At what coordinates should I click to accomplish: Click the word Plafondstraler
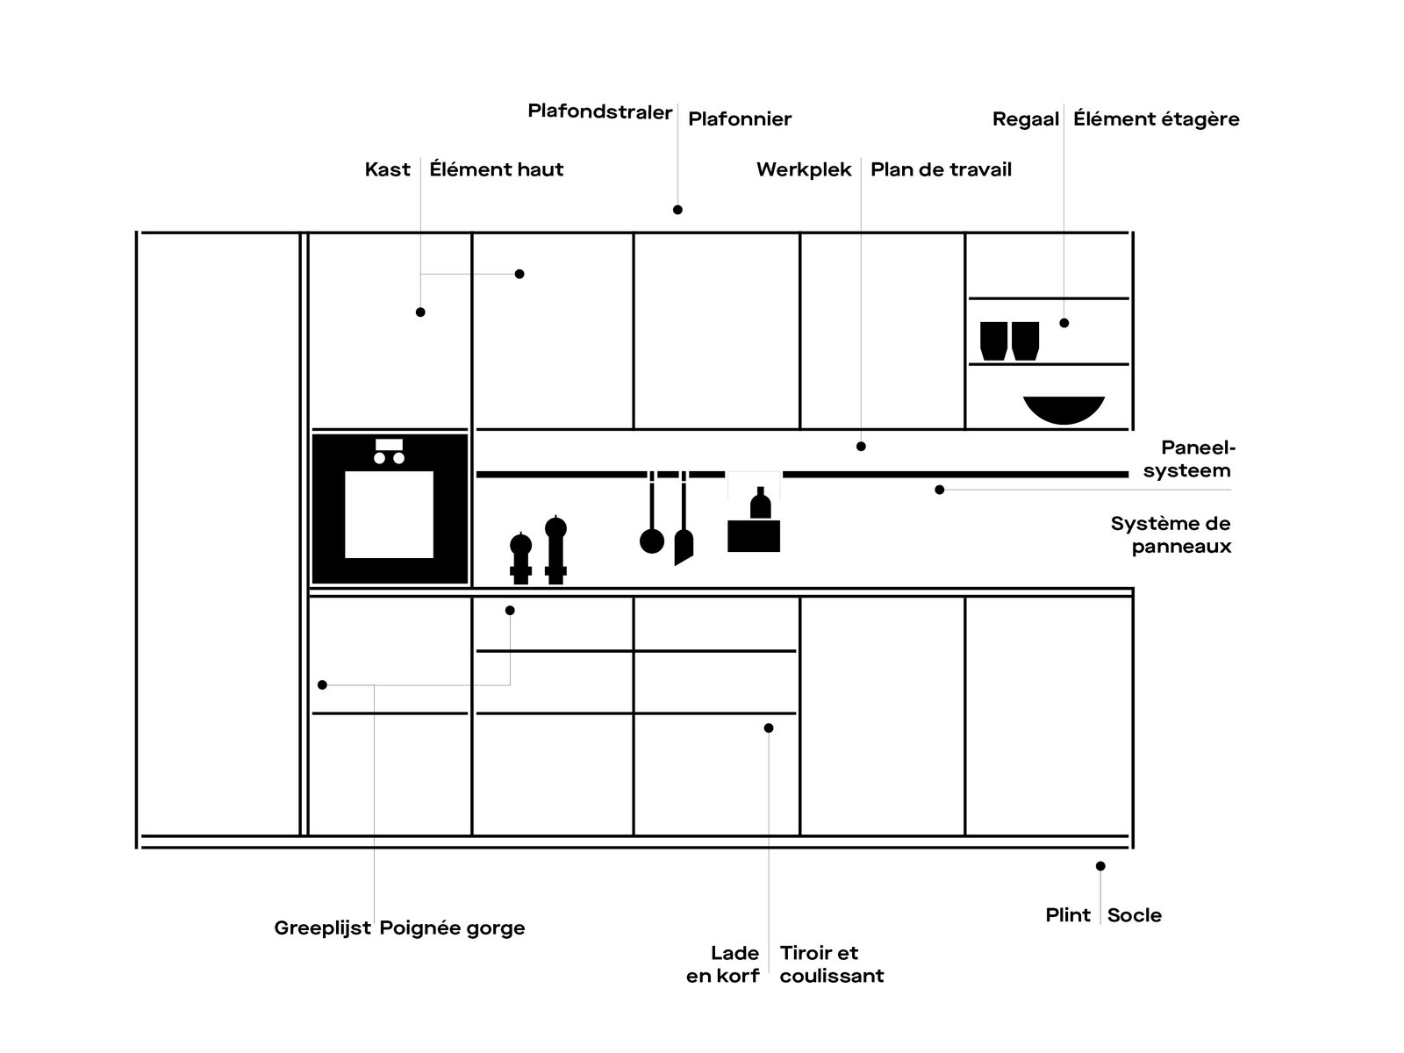pos(599,112)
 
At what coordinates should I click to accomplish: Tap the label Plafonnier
pos(740,119)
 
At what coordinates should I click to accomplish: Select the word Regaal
pos(1026,119)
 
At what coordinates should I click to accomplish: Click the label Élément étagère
pos(1156,119)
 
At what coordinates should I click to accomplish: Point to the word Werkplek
pos(804,169)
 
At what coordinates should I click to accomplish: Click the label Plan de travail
pos(941,169)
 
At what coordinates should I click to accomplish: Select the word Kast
pos(387,169)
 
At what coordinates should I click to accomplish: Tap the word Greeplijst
pos(322,928)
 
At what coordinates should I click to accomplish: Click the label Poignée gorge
pos(452,928)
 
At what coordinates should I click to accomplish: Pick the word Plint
pos(1068,915)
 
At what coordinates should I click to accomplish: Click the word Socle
pos(1134,915)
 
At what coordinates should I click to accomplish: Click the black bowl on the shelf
pos(1064,409)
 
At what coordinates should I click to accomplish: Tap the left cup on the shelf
pos(993,341)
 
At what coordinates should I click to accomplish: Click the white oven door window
pos(389,514)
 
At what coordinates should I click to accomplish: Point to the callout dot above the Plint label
pos(1100,866)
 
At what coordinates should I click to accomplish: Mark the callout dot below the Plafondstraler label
pos(677,210)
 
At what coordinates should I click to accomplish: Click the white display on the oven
pos(389,444)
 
